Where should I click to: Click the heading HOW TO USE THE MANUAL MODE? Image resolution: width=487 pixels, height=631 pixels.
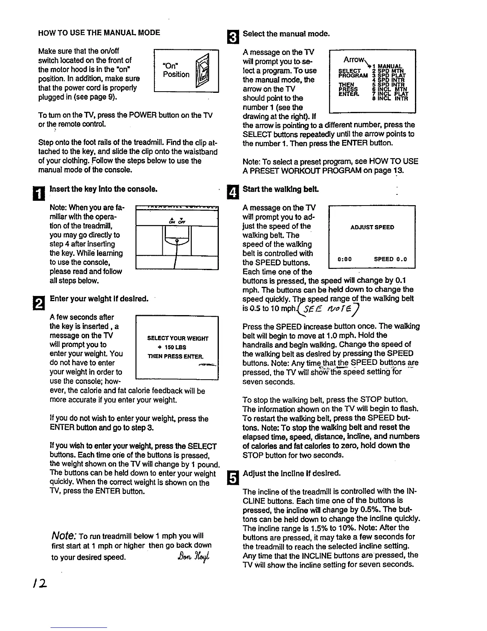coord(99,33)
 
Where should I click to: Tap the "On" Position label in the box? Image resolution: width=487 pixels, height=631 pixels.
coord(176,70)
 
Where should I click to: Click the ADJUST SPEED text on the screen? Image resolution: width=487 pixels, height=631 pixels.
coord(372,227)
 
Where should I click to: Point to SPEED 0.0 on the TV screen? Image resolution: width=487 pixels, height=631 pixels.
coord(390,259)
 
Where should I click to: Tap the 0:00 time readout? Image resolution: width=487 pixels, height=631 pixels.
coord(345,259)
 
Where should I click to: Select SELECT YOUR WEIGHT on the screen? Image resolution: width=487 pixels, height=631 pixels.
coord(177,338)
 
